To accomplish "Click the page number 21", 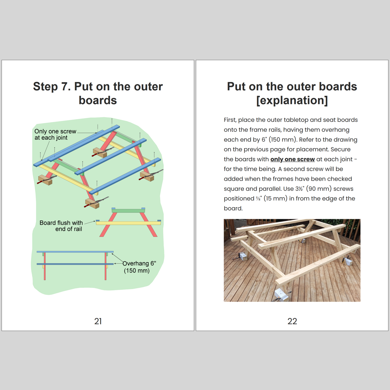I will pyautogui.click(x=98, y=321).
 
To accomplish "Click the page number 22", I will pyautogui.click(x=292, y=321).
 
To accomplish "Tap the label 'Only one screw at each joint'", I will pyautogui.click(x=55, y=134).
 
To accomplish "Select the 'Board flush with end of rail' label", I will pyautogui.click(x=61, y=226).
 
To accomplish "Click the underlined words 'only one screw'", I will pyautogui.click(x=293, y=159).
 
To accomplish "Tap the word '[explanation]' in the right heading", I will pyautogui.click(x=292, y=100).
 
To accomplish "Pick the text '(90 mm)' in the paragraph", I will pyautogui.click(x=319, y=189).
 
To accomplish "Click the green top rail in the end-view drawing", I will pyautogui.click(x=128, y=211).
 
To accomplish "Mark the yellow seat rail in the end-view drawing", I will pyautogui.click(x=128, y=223).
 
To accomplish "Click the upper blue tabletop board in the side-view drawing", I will pyautogui.click(x=75, y=252).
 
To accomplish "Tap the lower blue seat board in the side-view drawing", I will pyautogui.click(x=75, y=264).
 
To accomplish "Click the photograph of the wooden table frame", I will pyautogui.click(x=292, y=260).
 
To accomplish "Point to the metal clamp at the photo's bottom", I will pyautogui.click(x=281, y=295).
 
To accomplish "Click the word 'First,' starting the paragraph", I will pyautogui.click(x=230, y=120).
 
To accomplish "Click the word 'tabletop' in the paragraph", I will pyautogui.click(x=295, y=120).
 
